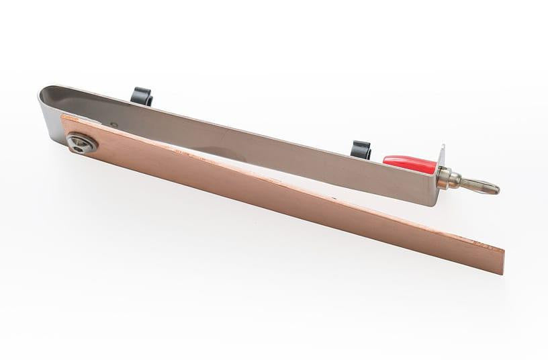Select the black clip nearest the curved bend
(x=142, y=95)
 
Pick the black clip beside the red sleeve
(x=361, y=148)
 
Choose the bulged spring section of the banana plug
(x=478, y=185)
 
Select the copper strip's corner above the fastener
(x=62, y=116)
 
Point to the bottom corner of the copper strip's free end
(x=502, y=273)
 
